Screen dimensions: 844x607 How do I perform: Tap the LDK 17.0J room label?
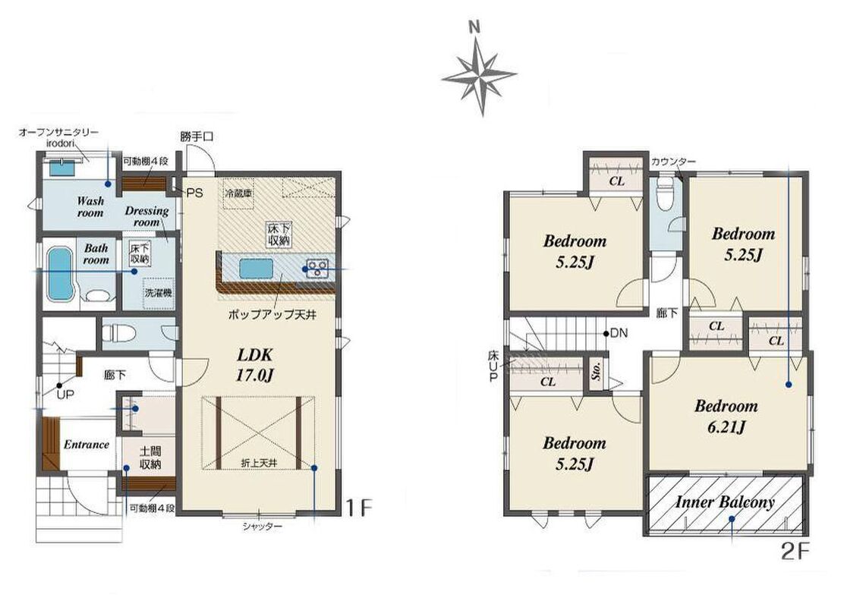click(x=255, y=365)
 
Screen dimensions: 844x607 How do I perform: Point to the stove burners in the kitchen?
click(x=317, y=267)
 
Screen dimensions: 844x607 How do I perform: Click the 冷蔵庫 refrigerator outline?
click(x=238, y=193)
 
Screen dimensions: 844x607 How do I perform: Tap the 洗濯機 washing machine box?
click(x=158, y=294)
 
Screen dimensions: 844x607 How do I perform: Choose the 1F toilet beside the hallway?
click(x=115, y=333)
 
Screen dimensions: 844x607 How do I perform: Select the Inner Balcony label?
click(x=725, y=502)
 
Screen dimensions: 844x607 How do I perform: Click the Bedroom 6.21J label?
click(x=726, y=416)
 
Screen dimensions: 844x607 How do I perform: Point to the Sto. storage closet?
click(x=597, y=370)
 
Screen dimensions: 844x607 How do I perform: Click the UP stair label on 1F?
click(x=65, y=395)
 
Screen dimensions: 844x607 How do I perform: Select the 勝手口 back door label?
click(x=197, y=137)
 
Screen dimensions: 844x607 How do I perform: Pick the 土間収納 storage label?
click(x=150, y=458)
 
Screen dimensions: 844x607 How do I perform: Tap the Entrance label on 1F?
click(x=86, y=445)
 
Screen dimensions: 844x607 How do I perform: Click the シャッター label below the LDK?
click(x=262, y=527)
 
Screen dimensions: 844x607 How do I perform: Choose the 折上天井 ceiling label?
click(x=259, y=462)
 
